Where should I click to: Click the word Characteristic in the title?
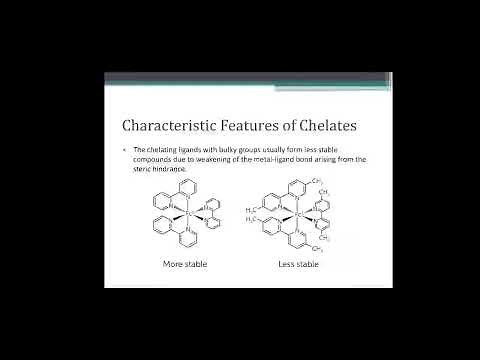pos(162,126)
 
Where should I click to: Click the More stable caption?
pos(184,264)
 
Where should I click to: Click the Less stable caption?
pos(298,264)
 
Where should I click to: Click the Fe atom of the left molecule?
pos(187,213)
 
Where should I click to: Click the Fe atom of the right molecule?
pos(297,213)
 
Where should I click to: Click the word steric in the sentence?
pos(144,167)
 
